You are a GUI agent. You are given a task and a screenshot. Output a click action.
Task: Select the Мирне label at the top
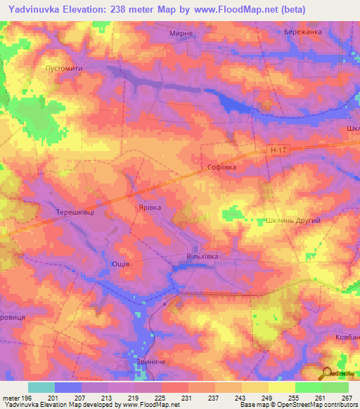[181, 33]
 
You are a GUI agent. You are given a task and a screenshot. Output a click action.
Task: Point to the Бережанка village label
[303, 33]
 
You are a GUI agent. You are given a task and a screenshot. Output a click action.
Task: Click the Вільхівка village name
[202, 257]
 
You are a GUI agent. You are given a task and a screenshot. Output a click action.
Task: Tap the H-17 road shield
[278, 150]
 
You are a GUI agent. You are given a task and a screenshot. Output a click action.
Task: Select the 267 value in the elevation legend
[345, 398]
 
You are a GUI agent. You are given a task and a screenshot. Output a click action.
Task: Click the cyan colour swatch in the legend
[41, 387]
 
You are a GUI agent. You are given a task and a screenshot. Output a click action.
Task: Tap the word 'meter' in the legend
[11, 398]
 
